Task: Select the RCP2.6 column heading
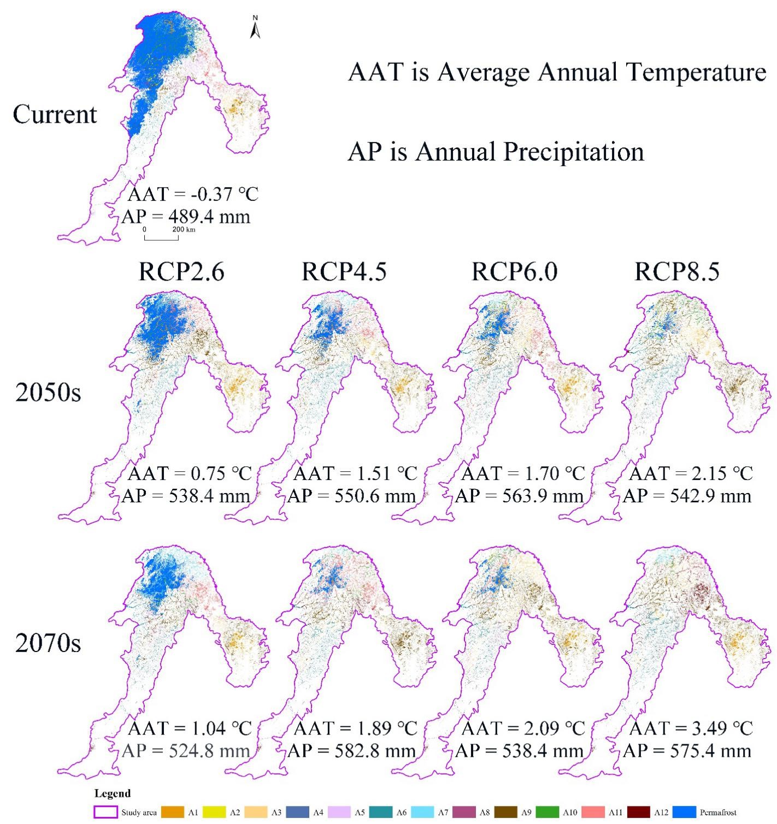point(181,271)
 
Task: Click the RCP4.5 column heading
point(344,271)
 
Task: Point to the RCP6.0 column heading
point(514,271)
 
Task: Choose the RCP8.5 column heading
point(677,271)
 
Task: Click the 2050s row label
point(48,392)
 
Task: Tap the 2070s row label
point(48,643)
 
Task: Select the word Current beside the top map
point(55,115)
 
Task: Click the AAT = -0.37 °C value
point(192,194)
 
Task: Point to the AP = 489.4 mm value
point(186,217)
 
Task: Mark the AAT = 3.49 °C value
point(691,728)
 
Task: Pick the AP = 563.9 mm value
point(520,496)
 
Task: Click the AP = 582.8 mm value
point(352,751)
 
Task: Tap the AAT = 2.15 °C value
point(691,473)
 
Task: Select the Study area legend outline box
point(106,813)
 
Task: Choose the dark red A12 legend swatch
point(639,813)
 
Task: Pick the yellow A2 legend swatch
point(214,813)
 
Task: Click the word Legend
point(113,793)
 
